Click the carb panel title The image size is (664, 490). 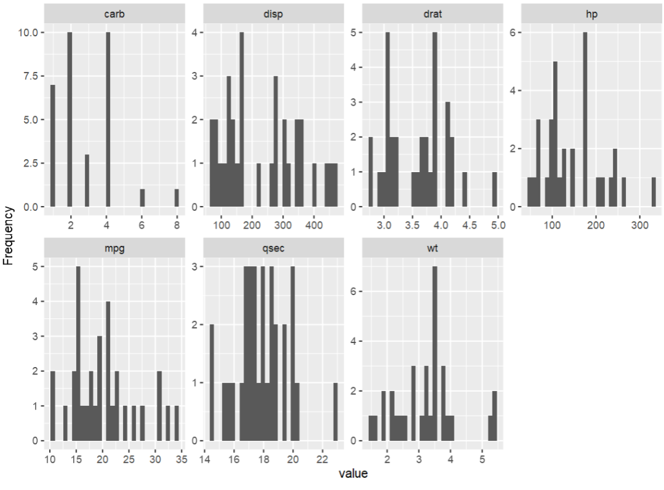(x=114, y=13)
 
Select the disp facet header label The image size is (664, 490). (x=273, y=13)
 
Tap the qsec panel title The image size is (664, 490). (x=273, y=248)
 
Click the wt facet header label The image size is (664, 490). (x=432, y=248)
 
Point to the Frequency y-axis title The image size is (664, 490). (x=8, y=235)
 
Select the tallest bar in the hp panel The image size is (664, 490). (x=585, y=119)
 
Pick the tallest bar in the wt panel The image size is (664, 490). (x=435, y=354)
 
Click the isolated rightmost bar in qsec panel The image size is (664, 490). (x=335, y=412)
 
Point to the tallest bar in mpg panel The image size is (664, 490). (x=78, y=354)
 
